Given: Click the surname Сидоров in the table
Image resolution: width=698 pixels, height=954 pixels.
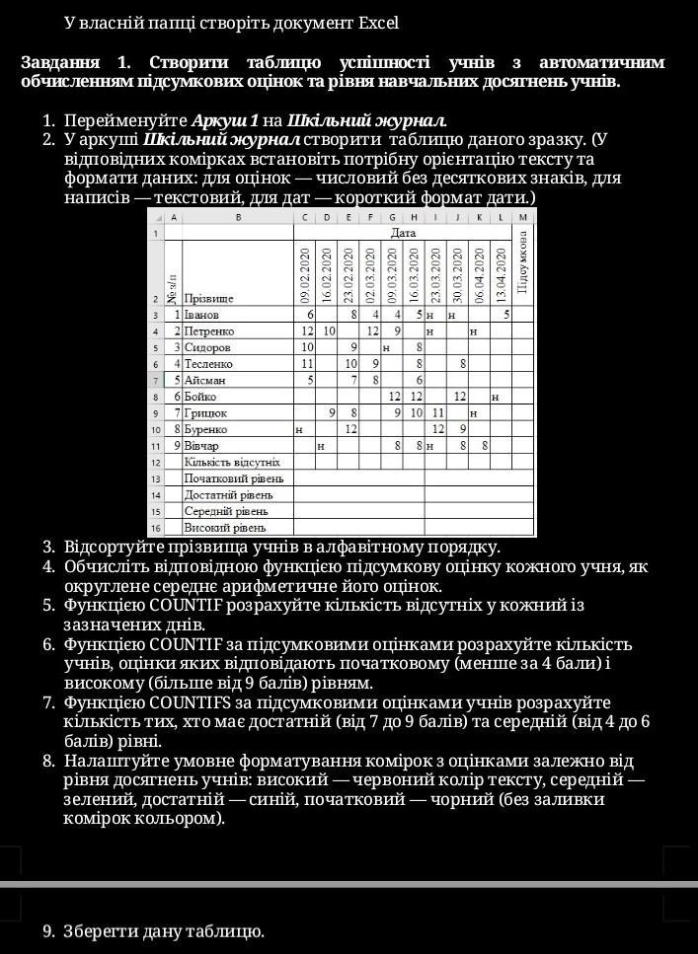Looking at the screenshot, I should coord(208,347).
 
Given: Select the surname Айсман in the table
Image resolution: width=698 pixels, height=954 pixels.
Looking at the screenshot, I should coord(205,379).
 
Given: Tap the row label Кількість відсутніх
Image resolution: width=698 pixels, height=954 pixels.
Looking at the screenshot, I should coord(232,462).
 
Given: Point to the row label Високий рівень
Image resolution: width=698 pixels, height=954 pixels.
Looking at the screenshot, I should coord(226,528).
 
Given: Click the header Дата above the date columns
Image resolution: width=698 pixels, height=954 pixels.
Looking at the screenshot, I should coord(403,233).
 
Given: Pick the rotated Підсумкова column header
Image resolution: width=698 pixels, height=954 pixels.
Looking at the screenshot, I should coord(523,264).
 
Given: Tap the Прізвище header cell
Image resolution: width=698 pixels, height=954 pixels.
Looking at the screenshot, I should coord(208,297).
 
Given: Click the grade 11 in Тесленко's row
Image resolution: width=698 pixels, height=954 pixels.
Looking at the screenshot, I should coord(307,363).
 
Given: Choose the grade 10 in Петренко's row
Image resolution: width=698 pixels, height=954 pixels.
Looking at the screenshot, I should coord(329,330).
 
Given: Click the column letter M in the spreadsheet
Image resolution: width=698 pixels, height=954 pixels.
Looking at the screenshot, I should coord(523,216).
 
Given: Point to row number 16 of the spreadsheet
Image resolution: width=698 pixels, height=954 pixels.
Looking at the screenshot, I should coord(155,528).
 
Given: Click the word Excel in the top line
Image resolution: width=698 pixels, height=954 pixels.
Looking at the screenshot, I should coord(378,22).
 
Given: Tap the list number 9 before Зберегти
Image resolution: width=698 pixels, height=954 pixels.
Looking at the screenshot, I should coord(48,930).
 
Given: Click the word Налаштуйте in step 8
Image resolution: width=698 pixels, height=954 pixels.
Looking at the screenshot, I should coord(112,761).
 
